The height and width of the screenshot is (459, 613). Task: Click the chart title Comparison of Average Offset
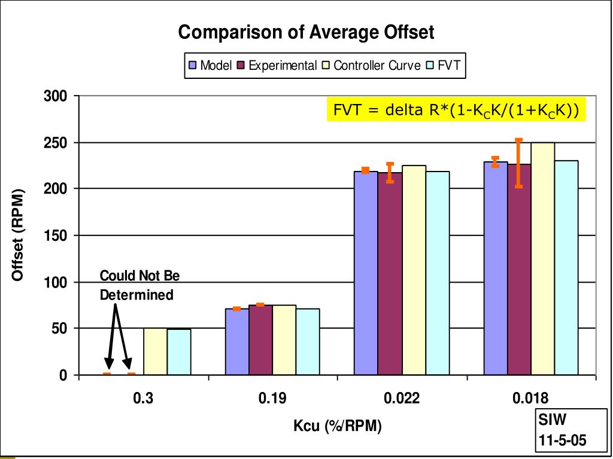(306, 32)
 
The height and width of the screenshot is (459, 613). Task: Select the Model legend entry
(211, 65)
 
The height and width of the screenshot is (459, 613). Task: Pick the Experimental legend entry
(277, 65)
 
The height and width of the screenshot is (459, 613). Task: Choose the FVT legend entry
(444, 65)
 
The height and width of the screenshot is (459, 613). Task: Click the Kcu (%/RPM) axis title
(337, 426)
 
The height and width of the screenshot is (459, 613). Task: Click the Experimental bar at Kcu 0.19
(260, 340)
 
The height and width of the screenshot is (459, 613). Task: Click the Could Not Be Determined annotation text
(139, 285)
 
